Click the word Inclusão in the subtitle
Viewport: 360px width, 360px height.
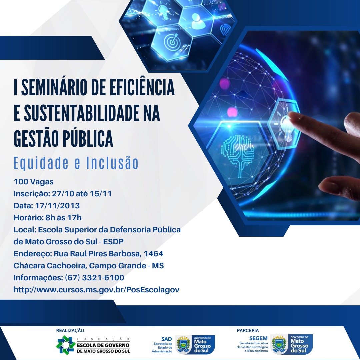[112, 163]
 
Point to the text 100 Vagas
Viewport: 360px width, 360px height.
[34, 182]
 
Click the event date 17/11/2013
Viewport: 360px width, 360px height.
[57, 205]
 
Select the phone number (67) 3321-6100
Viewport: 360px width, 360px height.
[95, 278]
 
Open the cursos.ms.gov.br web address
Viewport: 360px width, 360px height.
[96, 290]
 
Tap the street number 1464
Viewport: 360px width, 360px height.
[153, 253]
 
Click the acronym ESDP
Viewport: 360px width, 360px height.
[113, 242]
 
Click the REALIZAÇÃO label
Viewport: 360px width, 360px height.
[70, 330]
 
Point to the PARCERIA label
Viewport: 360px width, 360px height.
[248, 330]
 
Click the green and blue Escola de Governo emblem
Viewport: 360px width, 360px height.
[66, 345]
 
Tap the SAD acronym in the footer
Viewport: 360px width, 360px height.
[166, 339]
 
